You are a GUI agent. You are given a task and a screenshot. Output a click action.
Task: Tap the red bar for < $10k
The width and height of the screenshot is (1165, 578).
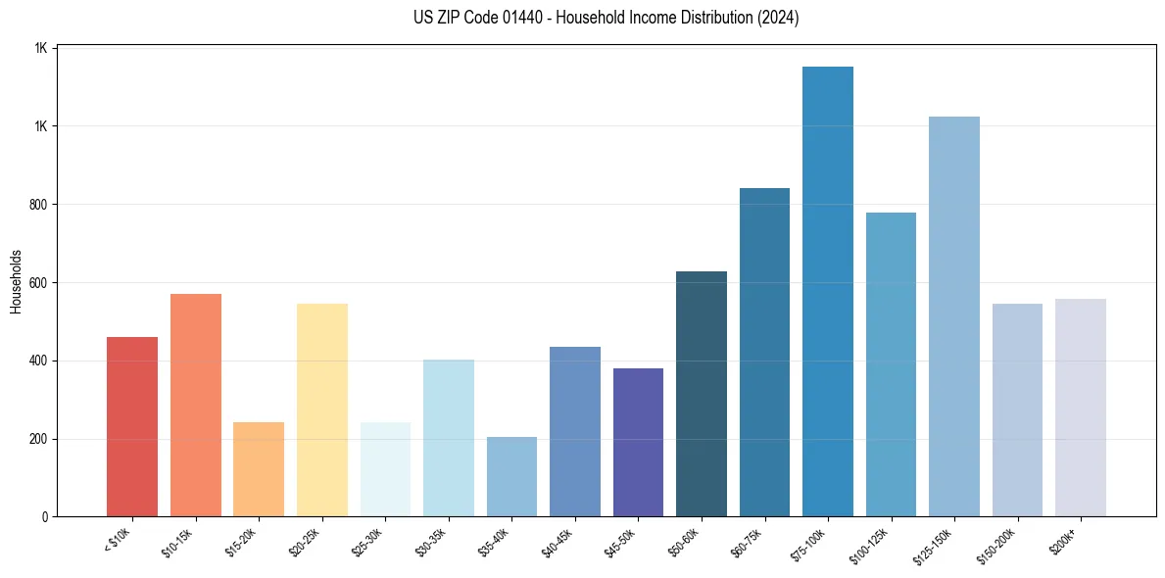(132, 426)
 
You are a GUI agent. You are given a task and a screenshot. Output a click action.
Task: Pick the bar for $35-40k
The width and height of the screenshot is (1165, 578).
(511, 476)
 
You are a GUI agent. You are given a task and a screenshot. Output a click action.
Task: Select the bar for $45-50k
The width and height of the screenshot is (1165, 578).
(638, 442)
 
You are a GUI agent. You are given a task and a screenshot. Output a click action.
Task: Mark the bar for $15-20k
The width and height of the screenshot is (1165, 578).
(259, 469)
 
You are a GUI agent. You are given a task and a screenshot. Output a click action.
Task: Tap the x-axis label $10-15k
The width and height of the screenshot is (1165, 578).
(178, 542)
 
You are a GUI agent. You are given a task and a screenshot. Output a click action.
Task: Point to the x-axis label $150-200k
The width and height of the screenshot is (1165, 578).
(997, 544)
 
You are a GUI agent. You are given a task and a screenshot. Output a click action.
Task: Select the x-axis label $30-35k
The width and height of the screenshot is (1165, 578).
(431, 542)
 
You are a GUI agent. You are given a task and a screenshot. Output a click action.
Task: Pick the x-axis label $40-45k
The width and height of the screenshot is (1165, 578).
(558, 542)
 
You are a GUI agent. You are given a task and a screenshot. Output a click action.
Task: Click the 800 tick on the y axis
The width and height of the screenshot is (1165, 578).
(39, 205)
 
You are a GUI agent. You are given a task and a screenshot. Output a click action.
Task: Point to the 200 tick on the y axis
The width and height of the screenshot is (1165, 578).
(39, 439)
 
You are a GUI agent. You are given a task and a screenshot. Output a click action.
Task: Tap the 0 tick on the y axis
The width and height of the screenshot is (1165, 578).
(45, 516)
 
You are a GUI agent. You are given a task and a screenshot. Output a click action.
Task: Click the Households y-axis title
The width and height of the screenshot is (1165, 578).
(17, 281)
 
